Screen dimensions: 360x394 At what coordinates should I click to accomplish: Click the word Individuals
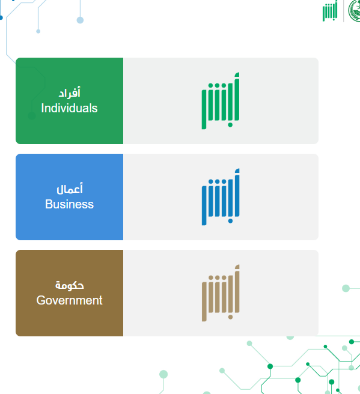pos(69,108)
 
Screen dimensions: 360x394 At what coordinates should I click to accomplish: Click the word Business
pos(69,204)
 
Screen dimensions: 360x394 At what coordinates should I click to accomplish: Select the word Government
pos(69,300)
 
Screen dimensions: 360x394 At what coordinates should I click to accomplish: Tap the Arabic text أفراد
pos(70,92)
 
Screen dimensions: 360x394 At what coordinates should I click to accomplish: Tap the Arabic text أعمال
pos(70,189)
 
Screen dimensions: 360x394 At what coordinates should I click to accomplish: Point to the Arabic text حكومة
pos(70,285)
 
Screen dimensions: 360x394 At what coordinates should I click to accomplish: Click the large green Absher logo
pos(221,101)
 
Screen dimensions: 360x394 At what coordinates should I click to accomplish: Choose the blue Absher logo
pos(221,197)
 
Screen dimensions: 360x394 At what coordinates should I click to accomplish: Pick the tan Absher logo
pos(221,293)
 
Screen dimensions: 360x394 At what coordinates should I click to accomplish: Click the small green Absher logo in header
pos(330,11)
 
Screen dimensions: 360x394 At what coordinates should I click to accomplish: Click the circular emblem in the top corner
pos(355,11)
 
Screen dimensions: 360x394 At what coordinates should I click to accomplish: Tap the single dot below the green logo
pos(230,125)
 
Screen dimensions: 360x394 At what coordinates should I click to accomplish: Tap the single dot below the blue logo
pos(230,221)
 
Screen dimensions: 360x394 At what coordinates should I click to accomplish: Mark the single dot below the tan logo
pos(230,317)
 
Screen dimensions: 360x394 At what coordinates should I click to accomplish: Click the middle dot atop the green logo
pos(217,86)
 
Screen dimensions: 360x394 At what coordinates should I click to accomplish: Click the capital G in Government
pos(41,300)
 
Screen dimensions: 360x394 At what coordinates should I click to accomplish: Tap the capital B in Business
pos(49,204)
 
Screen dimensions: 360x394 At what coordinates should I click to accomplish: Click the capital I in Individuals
pos(43,108)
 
